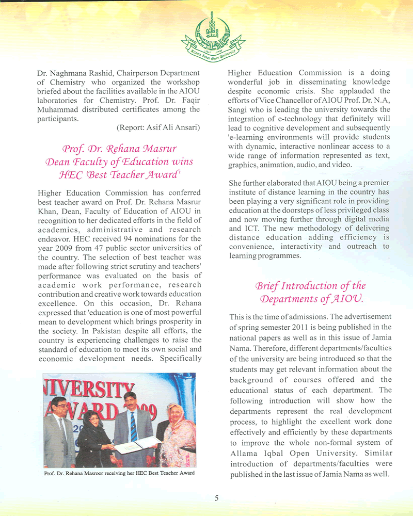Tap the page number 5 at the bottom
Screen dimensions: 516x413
click(216, 498)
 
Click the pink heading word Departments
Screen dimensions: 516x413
click(292, 299)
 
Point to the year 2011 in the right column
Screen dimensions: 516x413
click(310, 327)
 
